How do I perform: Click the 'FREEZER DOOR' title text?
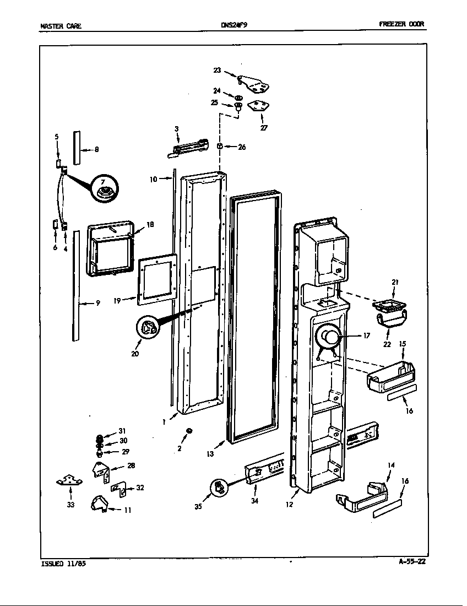click(x=402, y=24)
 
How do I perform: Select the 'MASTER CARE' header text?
click(x=61, y=25)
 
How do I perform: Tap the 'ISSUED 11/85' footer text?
click(x=63, y=564)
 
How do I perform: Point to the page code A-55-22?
click(x=412, y=562)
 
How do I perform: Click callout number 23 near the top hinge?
click(x=217, y=70)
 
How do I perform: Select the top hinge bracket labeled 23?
click(x=254, y=83)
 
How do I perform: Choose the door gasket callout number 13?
click(x=209, y=454)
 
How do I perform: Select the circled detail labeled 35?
click(x=219, y=488)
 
